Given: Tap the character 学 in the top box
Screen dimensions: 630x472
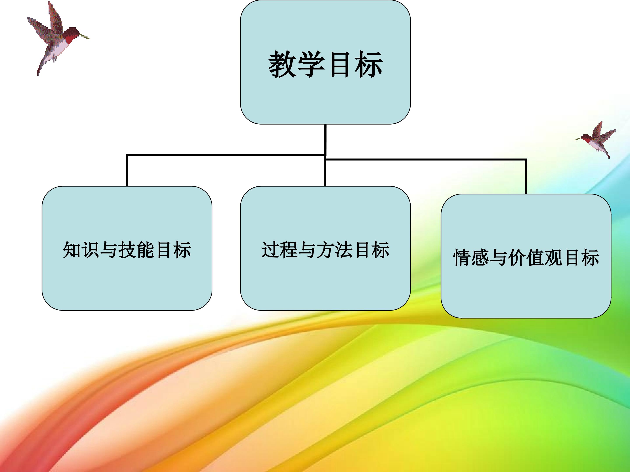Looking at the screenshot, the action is tap(311, 64).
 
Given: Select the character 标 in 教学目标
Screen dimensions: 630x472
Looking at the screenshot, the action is tap(369, 64).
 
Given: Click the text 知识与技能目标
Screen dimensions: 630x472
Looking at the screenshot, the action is tap(127, 250).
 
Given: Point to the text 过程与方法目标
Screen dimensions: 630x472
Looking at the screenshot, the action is tap(325, 250).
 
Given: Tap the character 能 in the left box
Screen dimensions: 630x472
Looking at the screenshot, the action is tap(145, 250).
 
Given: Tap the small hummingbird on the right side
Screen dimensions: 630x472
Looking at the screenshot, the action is tap(597, 139).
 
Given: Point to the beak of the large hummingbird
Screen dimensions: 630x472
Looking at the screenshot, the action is tap(84, 36).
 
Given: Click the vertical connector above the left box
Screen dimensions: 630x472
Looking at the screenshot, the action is tap(127, 171).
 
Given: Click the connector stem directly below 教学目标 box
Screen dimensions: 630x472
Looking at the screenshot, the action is tap(325, 140).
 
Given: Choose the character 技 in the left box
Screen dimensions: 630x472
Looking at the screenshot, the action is tap(127, 250).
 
